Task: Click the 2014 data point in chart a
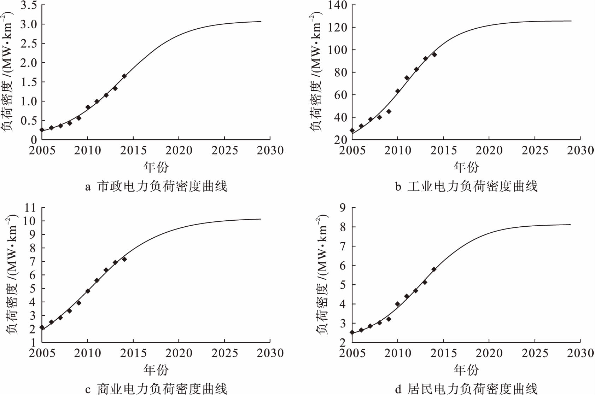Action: pos(124,76)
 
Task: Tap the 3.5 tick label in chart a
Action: pos(29,5)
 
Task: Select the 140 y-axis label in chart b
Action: pos(337,5)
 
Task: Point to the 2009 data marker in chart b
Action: pos(389,111)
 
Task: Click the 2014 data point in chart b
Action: pos(434,54)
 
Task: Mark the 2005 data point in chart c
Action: pos(42,327)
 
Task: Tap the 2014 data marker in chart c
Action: pos(124,259)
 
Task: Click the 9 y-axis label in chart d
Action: pos(343,208)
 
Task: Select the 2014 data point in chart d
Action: pos(434,269)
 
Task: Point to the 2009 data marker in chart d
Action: pos(389,319)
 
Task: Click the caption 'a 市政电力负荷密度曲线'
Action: pos(156,186)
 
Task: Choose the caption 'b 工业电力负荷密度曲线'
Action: pos(466,186)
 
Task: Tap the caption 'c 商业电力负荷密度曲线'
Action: pos(156,389)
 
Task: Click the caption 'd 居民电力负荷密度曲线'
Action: pos(466,389)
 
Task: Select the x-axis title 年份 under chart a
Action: pos(156,167)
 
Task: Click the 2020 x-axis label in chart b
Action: pos(489,151)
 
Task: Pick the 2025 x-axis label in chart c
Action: pos(224,353)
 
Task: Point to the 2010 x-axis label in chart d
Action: pos(398,353)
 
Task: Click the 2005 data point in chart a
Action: pos(42,130)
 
